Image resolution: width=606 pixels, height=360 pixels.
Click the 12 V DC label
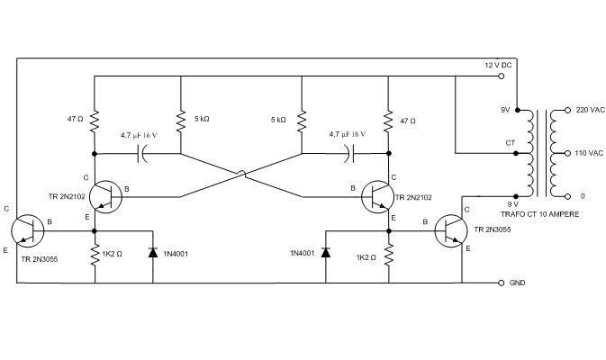pyautogui.click(x=497, y=66)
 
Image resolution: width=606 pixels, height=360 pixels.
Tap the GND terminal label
pyautogui.click(x=517, y=283)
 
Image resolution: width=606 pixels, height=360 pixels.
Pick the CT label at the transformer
pyautogui.click(x=511, y=142)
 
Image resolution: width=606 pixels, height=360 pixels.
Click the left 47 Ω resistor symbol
pyautogui.click(x=94, y=120)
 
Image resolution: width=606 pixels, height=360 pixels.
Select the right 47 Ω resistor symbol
pyautogui.click(x=389, y=120)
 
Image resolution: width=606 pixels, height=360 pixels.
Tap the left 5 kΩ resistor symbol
pyautogui.click(x=182, y=120)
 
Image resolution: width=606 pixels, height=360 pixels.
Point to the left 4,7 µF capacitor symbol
pyautogui.click(x=141, y=154)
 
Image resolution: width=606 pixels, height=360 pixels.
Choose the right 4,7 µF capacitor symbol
pyautogui.click(x=350, y=154)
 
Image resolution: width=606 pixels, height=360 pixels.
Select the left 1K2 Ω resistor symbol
pyautogui.click(x=94, y=256)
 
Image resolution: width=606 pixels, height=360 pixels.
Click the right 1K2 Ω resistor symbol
pyautogui.click(x=389, y=256)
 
